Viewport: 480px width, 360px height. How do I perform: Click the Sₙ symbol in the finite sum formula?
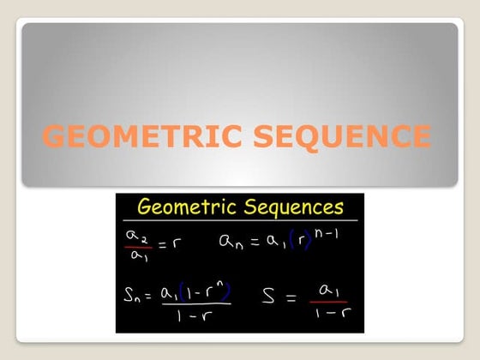click(136, 297)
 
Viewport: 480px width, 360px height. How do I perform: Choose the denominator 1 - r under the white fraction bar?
click(200, 317)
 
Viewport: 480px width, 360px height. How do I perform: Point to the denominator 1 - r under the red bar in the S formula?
click(329, 315)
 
